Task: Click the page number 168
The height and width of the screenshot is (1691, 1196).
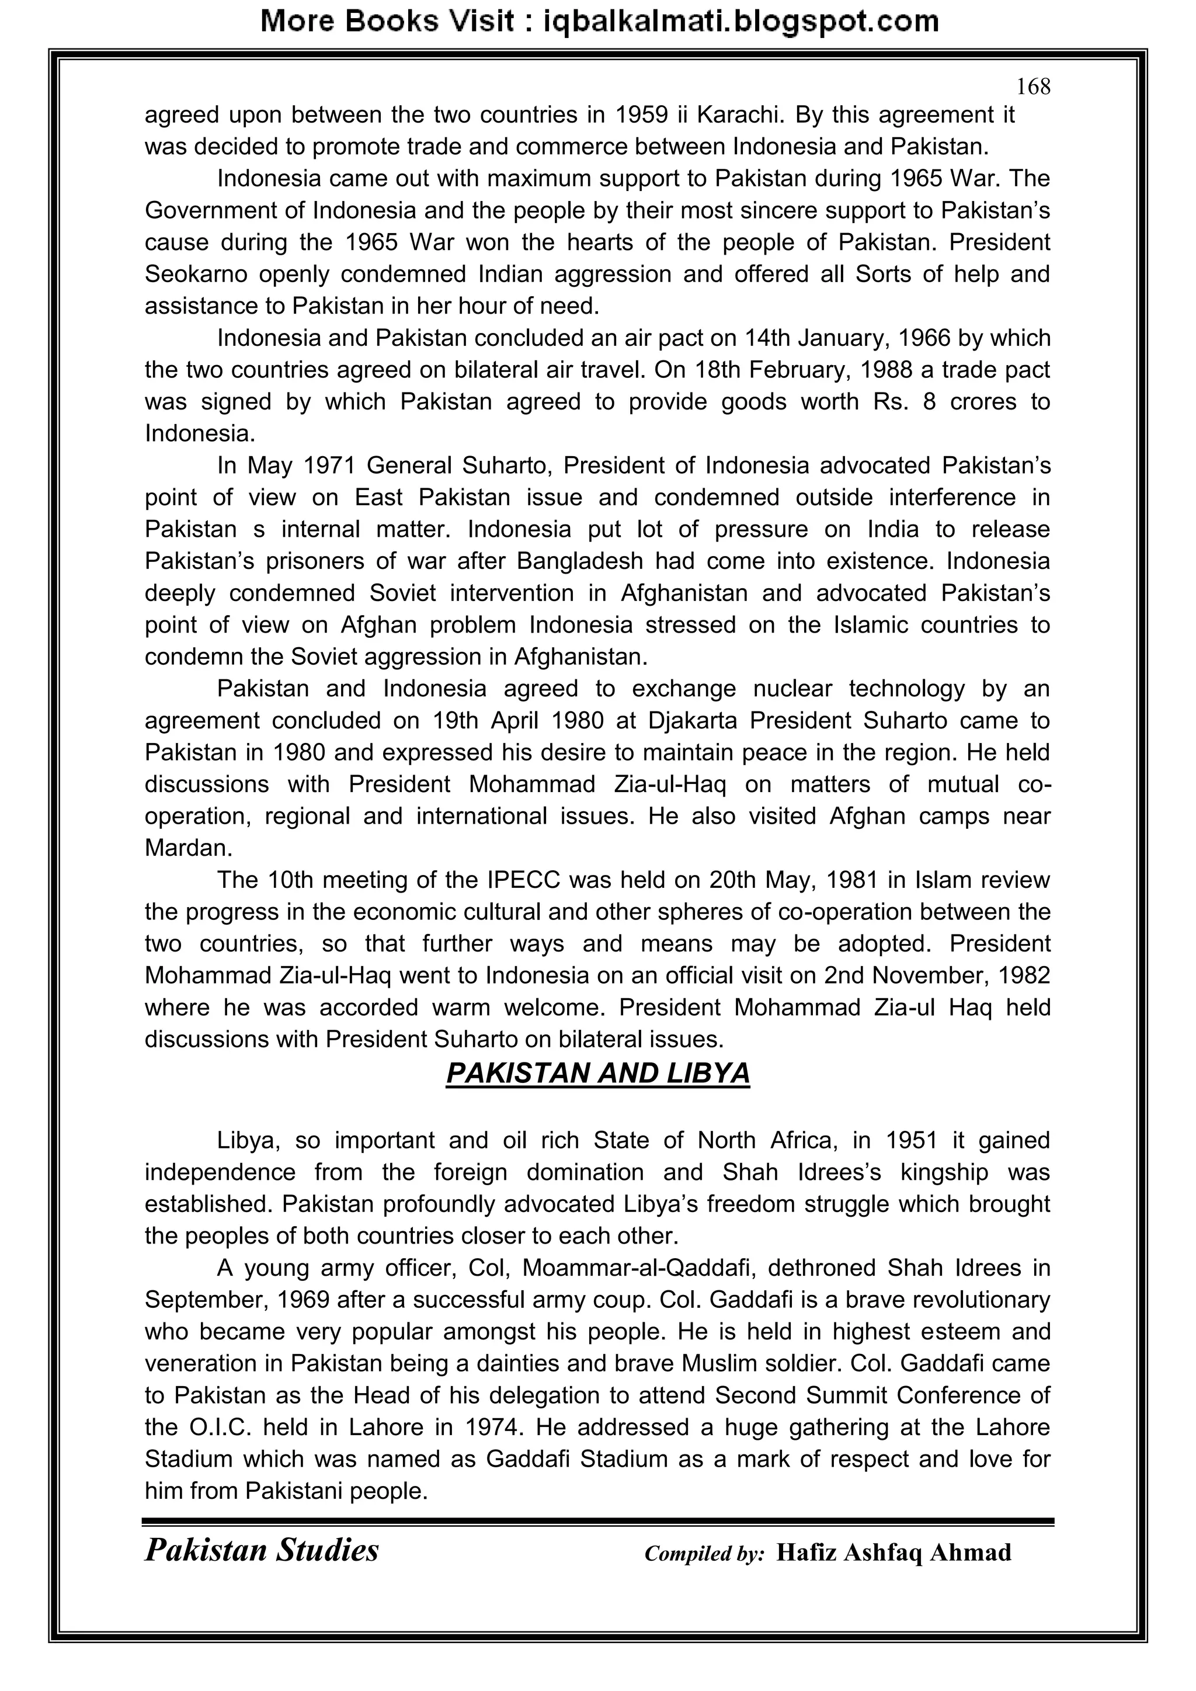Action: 1032,88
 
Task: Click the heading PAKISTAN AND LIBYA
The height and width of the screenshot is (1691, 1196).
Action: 597,1074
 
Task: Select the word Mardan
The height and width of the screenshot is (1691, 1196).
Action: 188,849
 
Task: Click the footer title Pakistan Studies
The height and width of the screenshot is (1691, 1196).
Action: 262,1551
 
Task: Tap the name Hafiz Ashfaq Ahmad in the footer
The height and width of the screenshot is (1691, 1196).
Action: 893,1553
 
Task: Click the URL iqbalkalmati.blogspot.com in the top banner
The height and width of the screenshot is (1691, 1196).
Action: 741,22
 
